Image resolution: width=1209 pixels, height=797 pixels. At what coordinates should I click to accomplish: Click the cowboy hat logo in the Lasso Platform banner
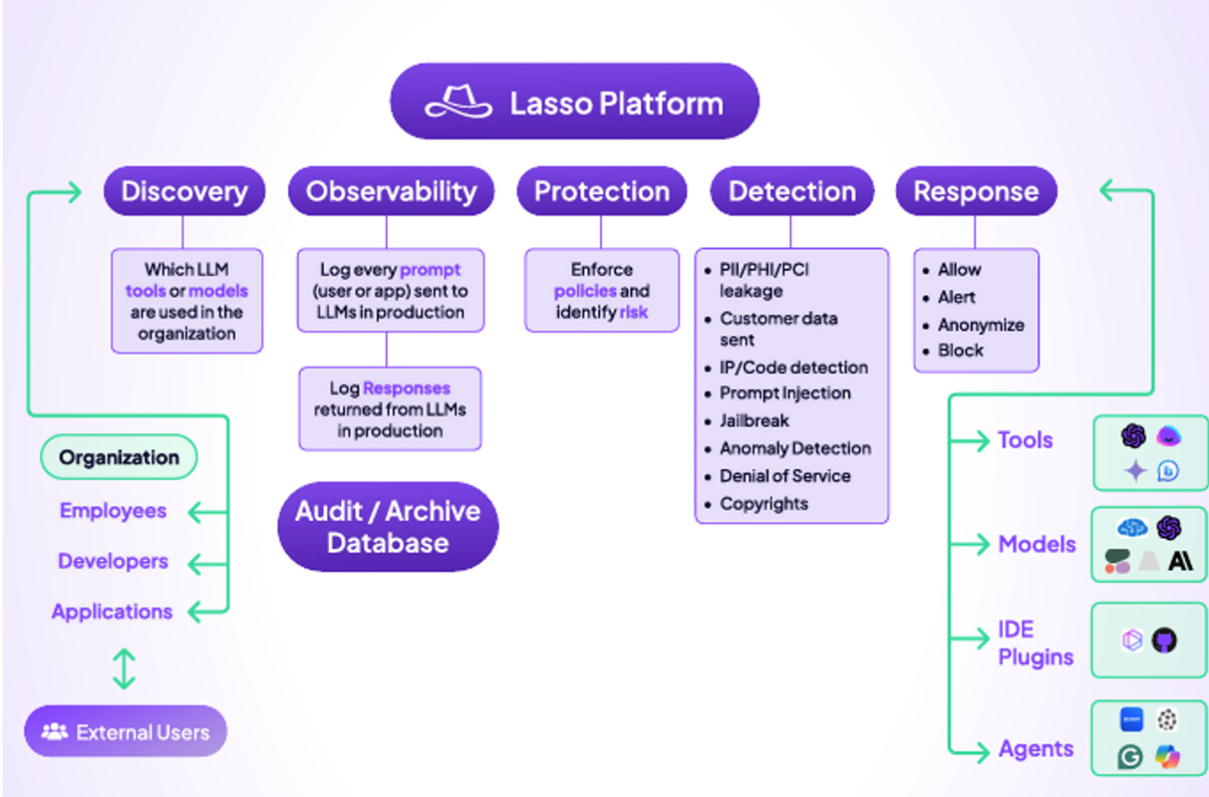(459, 102)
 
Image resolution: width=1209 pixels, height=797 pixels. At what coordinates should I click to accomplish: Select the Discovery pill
(184, 191)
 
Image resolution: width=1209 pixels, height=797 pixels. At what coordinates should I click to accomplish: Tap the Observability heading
(391, 191)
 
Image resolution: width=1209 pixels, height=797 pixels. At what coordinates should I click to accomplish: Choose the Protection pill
(602, 191)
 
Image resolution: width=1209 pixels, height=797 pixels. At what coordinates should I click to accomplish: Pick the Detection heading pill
(792, 191)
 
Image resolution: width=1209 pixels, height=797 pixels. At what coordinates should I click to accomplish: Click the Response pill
(976, 191)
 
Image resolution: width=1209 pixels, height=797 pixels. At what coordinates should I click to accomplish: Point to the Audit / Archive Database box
(388, 527)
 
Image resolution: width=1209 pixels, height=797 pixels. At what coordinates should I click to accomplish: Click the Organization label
(119, 457)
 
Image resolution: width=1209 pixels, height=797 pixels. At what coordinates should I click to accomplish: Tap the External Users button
(126, 732)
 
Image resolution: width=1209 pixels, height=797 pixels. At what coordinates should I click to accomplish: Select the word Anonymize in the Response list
(980, 324)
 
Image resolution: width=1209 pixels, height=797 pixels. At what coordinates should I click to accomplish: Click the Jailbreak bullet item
(754, 420)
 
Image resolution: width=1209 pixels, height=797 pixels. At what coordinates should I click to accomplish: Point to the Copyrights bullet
(764, 504)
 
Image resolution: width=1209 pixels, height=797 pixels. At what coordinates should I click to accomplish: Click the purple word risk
(634, 312)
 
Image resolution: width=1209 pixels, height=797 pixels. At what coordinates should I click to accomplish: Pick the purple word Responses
(407, 388)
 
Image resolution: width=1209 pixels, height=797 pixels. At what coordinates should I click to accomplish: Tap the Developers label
(113, 561)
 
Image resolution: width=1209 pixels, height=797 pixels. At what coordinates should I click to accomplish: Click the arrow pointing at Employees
(208, 512)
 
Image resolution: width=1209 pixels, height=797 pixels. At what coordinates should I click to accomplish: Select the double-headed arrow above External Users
(124, 669)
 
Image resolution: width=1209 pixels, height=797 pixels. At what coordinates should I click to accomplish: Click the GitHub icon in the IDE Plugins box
(1164, 640)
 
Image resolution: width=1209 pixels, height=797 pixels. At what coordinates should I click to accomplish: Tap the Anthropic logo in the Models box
(1181, 561)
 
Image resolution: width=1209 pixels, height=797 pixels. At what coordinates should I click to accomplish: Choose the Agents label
(1036, 748)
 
